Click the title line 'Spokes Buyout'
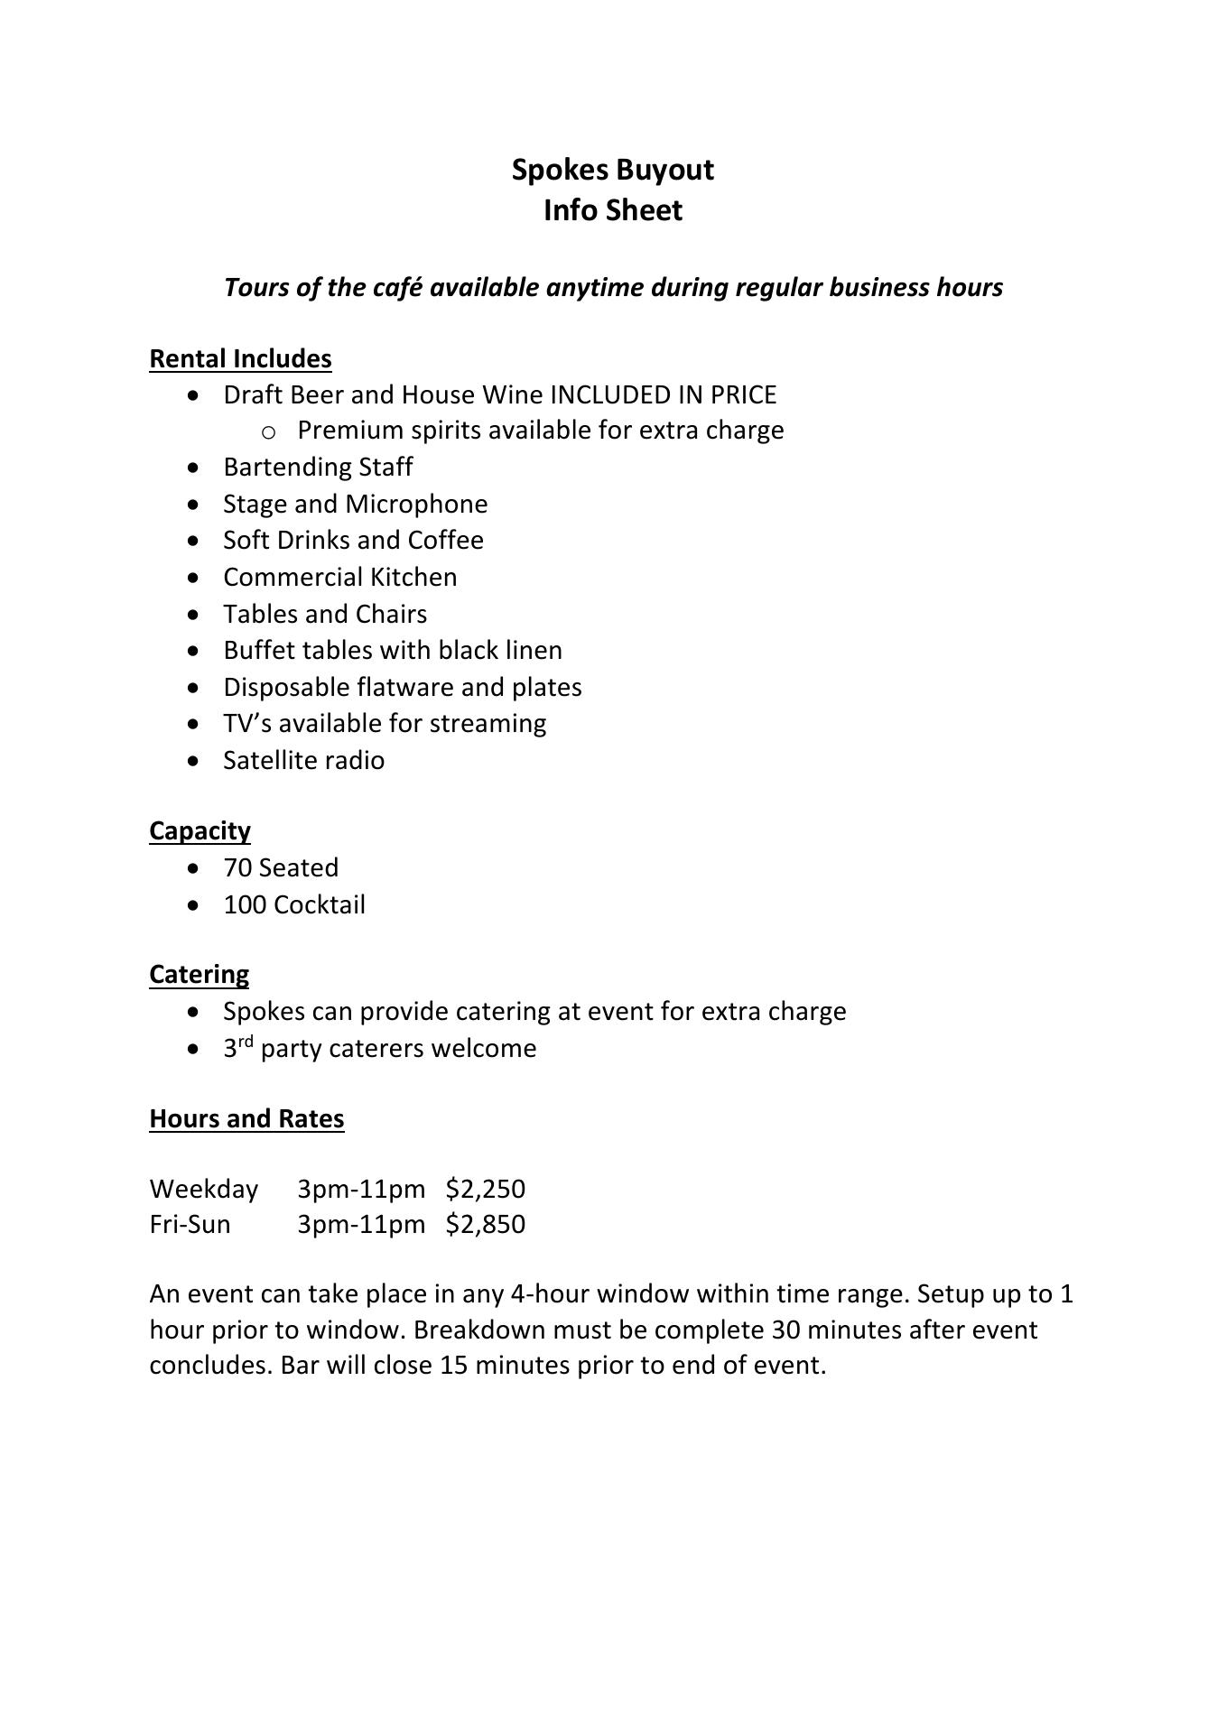612,170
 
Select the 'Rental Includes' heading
240,359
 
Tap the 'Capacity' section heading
200,830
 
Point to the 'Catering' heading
199,975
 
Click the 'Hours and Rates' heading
246,1119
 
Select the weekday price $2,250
485,1189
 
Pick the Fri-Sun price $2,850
485,1225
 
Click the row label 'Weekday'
204,1190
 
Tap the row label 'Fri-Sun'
190,1225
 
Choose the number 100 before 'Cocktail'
244,904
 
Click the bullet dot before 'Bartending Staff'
195,468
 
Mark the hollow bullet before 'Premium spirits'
268,432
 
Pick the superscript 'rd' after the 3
246,1042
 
